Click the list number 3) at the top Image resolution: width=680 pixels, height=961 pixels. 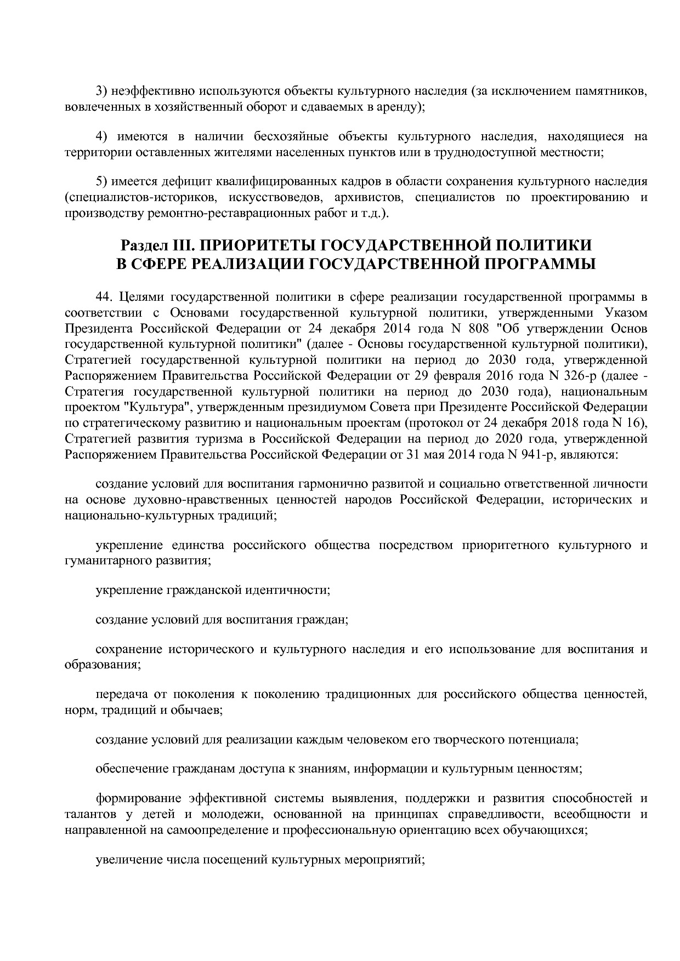tap(101, 91)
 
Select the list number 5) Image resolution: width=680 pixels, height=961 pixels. tap(101, 181)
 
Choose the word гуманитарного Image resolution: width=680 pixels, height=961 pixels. tap(102, 561)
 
